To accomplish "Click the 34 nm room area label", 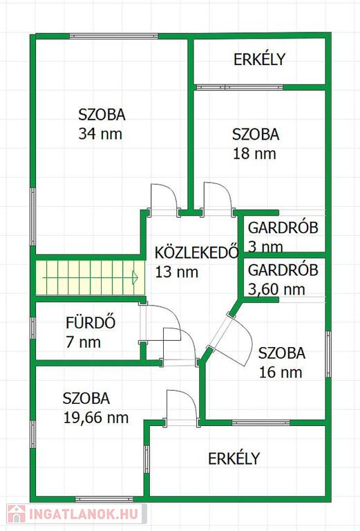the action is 100,133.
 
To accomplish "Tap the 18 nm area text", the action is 254,153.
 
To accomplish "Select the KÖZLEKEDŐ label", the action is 196,252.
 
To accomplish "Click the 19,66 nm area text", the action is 96,418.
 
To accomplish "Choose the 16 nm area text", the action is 281,373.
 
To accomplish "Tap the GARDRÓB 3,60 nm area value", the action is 276,290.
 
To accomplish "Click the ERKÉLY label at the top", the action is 260,59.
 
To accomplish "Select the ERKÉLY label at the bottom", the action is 234,458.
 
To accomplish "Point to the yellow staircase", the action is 91,277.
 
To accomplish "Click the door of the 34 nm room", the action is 164,199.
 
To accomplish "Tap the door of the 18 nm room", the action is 217,199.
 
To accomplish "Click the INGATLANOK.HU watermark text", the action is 84,514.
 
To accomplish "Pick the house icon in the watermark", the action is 17,514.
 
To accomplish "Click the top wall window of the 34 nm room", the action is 114,36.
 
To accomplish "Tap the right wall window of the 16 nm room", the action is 328,354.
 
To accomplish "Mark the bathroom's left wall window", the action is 32,328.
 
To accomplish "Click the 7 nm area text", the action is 83,342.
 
